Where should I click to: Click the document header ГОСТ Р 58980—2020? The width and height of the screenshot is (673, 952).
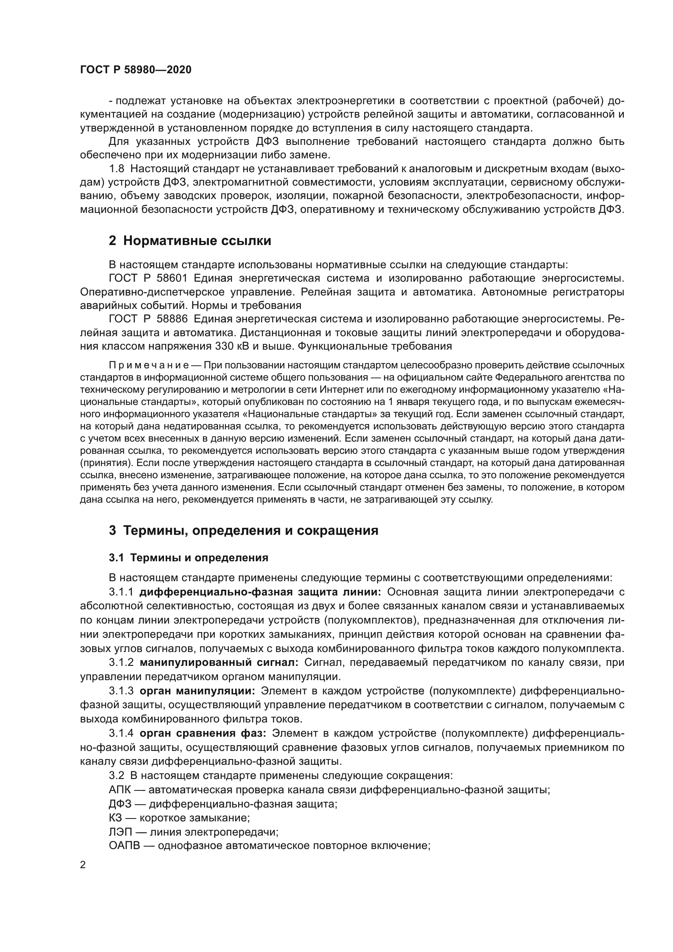click(x=136, y=70)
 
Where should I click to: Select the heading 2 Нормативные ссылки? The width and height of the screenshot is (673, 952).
click(x=190, y=241)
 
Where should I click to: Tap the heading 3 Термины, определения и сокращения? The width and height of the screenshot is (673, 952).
click(x=244, y=530)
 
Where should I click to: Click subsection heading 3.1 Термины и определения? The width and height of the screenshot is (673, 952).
click(x=188, y=558)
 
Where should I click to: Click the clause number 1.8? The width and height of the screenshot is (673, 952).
click(x=117, y=169)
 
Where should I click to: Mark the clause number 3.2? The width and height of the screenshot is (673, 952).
click(x=117, y=775)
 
